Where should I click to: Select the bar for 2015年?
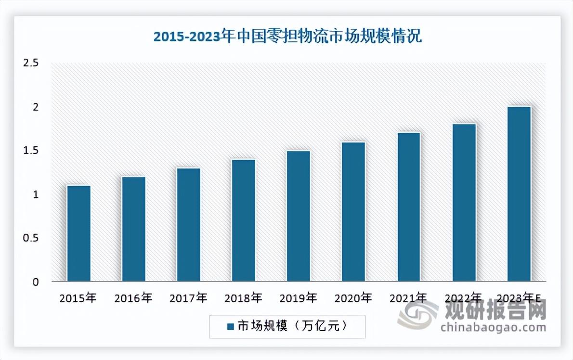click(x=79, y=233)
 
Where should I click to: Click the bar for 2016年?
click(x=134, y=229)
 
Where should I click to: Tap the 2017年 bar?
click(x=189, y=225)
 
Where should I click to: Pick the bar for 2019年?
click(x=299, y=216)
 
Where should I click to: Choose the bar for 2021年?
click(x=408, y=207)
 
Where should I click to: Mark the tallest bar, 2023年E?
click(x=519, y=194)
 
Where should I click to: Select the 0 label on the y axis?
click(x=36, y=282)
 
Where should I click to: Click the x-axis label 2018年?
click(x=243, y=298)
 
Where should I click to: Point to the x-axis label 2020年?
click(x=353, y=298)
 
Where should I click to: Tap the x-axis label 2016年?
click(x=133, y=298)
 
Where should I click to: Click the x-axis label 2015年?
click(x=78, y=298)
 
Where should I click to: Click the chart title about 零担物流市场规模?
click(x=287, y=37)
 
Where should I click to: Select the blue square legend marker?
click(x=230, y=326)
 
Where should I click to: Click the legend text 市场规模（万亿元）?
click(x=292, y=326)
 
